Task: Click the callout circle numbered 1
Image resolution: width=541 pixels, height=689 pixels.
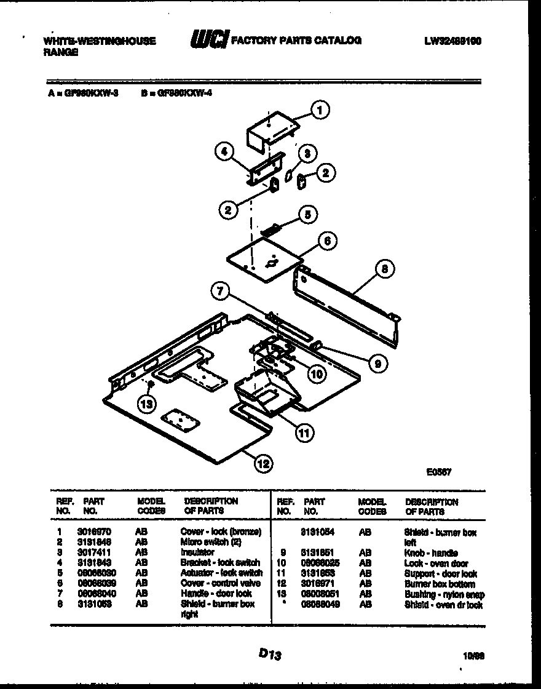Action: pos(319,110)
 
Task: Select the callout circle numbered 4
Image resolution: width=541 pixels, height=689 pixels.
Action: pos(224,151)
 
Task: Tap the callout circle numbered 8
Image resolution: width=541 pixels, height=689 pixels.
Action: pos(384,268)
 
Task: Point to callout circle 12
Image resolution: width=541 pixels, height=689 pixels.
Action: pos(264,463)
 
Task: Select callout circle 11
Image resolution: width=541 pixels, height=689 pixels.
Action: pos(303,433)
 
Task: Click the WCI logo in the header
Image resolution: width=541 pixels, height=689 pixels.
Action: pos(208,40)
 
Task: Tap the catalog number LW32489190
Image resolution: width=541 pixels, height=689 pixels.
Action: pos(452,41)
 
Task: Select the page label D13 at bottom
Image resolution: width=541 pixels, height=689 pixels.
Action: pos(270,656)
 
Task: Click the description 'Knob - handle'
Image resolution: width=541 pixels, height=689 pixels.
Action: pos(427,553)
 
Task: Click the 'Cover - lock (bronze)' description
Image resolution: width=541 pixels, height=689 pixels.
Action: pos(221,532)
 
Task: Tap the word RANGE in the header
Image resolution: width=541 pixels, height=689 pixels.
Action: pos(61,53)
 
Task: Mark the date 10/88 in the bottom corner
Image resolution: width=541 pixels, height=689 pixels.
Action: pos(471,656)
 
